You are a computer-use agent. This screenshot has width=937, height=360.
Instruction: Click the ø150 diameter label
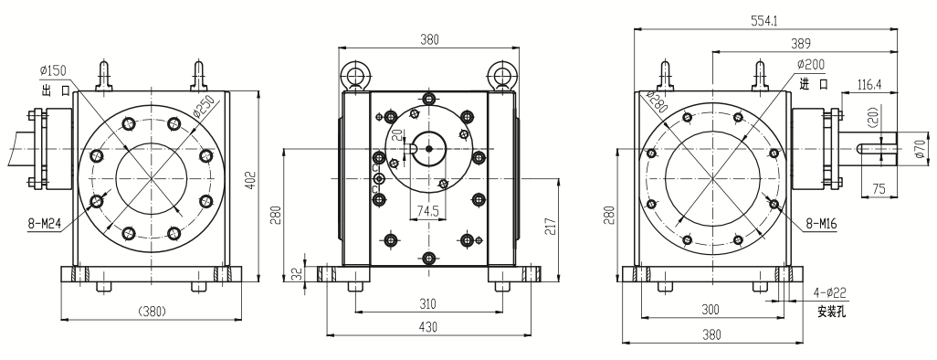(53, 70)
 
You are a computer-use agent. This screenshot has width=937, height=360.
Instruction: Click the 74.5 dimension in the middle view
(428, 210)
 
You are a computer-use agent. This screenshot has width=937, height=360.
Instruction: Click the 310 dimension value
(427, 303)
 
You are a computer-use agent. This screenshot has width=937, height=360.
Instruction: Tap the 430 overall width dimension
(428, 327)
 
